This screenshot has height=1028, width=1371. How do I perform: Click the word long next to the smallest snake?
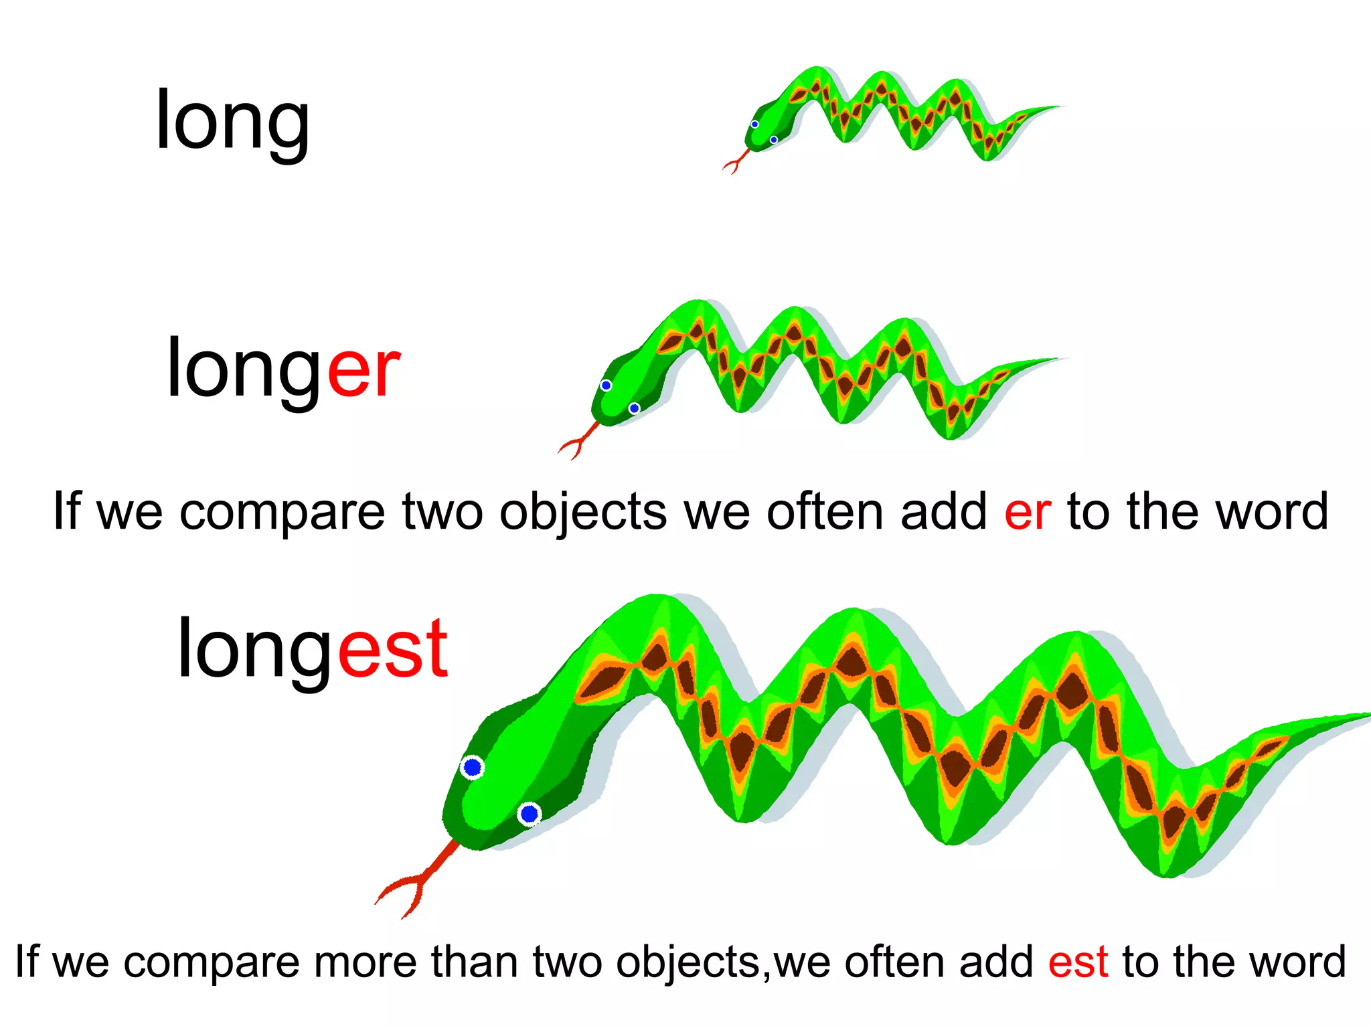pos(232,122)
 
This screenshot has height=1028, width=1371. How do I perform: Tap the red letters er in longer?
pos(364,370)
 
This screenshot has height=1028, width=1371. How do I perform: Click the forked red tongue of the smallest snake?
pos(736,162)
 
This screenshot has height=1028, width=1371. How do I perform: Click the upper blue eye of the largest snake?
pos(473,768)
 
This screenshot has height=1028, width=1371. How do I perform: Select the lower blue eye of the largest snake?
pos(529,814)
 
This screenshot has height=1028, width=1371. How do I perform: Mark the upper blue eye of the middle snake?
pos(606,385)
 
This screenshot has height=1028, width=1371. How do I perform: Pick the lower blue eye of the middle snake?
pos(634,408)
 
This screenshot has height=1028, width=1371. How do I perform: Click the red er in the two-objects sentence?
pos(1028,513)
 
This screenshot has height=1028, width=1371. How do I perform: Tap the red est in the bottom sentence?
pos(1078,962)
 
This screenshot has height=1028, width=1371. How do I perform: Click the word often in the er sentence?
pos(825,513)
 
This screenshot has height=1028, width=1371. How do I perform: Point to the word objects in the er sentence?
pos(583,513)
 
